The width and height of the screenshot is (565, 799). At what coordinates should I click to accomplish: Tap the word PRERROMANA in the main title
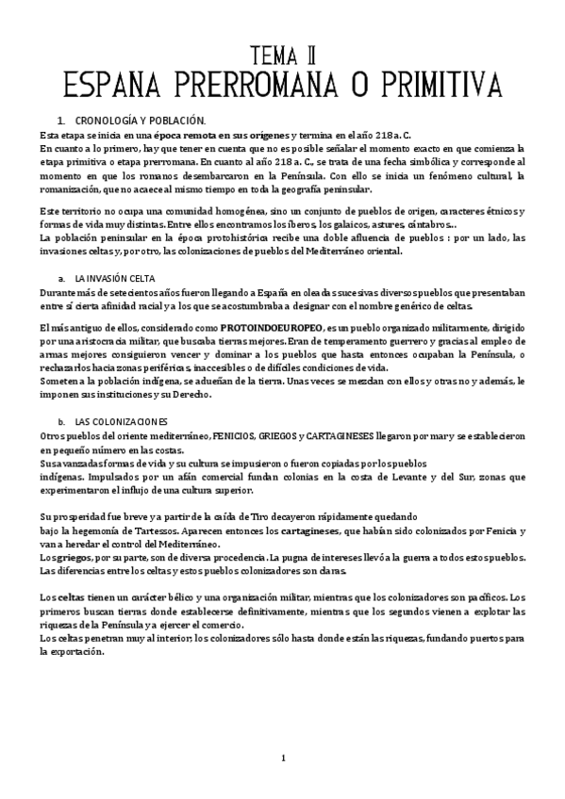pyautogui.click(x=245, y=87)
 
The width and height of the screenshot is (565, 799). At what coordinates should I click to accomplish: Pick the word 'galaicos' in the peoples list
pyautogui.click(x=354, y=226)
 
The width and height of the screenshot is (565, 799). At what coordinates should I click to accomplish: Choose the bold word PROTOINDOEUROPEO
pyautogui.click(x=278, y=326)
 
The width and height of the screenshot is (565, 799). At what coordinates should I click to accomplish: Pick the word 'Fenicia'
pyautogui.click(x=457, y=531)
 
